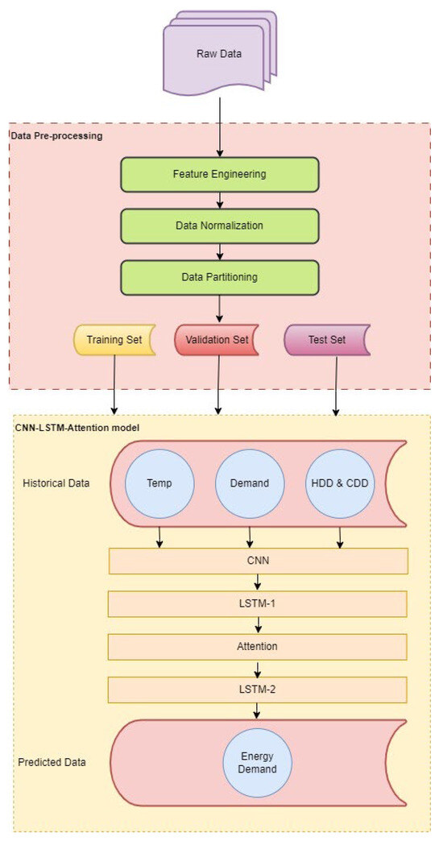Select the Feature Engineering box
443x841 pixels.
(219, 174)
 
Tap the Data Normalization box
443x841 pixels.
(219, 226)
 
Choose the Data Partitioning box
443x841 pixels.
(219, 276)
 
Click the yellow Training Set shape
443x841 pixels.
(114, 339)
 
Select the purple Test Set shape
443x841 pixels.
(326, 339)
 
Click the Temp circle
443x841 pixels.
(159, 483)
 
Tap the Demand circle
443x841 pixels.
(250, 483)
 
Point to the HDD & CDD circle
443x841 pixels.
(340, 483)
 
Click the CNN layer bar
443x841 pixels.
(259, 561)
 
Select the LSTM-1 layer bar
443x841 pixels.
(259, 604)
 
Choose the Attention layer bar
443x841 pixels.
(259, 646)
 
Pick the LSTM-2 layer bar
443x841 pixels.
(259, 689)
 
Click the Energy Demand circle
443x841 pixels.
(258, 763)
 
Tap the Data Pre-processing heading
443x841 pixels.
(56, 135)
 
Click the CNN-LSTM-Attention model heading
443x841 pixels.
(77, 427)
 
